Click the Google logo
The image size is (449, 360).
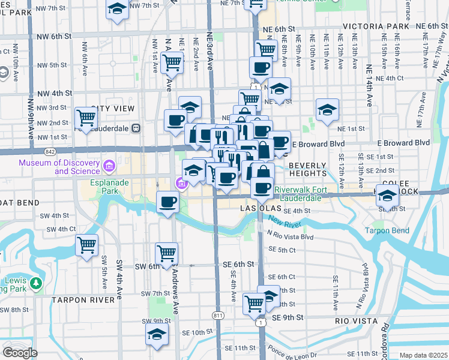tap(20, 353)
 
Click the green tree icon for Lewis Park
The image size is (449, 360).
tap(36, 283)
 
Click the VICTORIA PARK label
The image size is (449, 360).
tap(376, 27)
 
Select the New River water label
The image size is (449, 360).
tap(283, 224)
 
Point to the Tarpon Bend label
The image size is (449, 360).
tap(387, 231)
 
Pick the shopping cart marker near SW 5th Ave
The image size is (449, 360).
tap(86, 245)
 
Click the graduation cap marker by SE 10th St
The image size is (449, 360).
tap(157, 335)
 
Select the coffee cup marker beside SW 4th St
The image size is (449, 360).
tap(167, 201)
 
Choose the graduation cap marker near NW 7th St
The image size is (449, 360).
tap(117, 9)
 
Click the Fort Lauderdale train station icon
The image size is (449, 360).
tap(136, 127)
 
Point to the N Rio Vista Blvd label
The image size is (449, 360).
tap(291, 236)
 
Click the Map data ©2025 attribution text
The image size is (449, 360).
tap(423, 355)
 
